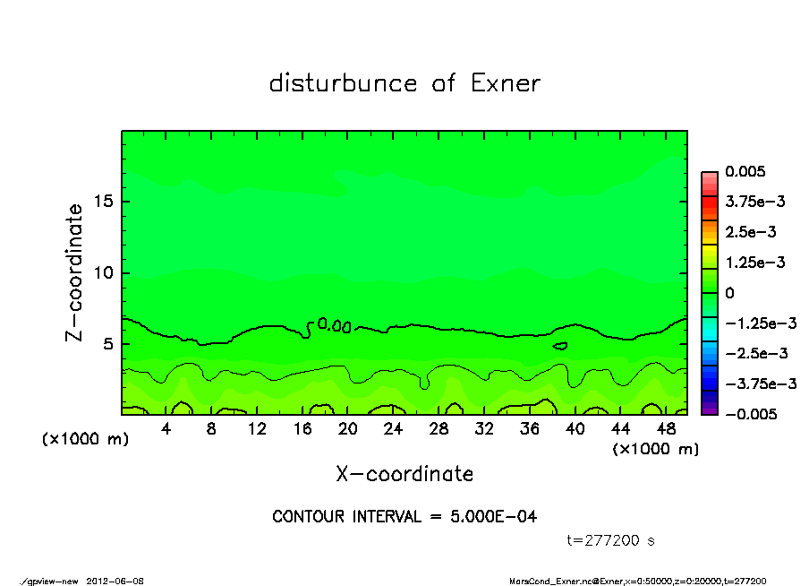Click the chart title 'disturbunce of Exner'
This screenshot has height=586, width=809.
(404, 84)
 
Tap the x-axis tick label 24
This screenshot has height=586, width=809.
(393, 429)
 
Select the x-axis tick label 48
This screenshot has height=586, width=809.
(666, 429)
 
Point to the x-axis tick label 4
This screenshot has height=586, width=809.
(166, 429)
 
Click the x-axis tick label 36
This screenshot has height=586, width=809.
(530, 429)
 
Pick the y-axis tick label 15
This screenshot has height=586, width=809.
(102, 202)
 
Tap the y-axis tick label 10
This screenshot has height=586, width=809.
(102, 273)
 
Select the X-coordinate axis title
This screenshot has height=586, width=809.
(404, 474)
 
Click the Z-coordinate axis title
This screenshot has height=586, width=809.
(75, 272)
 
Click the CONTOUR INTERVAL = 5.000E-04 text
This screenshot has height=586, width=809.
(404, 517)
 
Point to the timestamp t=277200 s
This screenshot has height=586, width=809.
(612, 540)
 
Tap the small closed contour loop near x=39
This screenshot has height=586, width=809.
(560, 345)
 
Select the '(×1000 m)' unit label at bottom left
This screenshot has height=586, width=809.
(85, 439)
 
